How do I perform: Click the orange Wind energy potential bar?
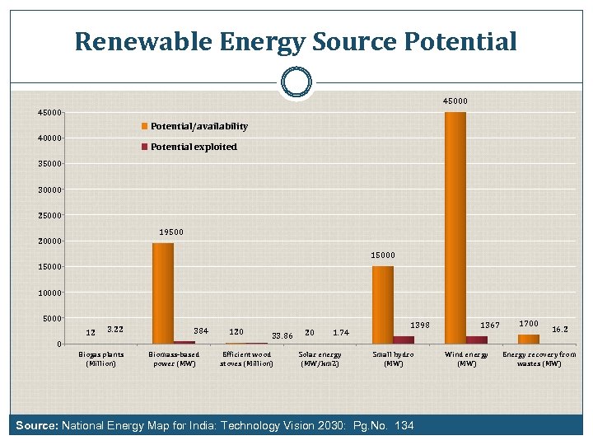(x=455, y=227)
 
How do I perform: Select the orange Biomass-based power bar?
(x=163, y=293)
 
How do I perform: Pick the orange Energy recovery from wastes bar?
(x=528, y=339)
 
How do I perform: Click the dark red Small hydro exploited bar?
(x=404, y=340)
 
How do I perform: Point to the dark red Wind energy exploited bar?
(x=477, y=340)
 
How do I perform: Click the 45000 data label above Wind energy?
(x=455, y=101)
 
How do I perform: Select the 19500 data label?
(x=171, y=232)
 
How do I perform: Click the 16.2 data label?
(x=560, y=329)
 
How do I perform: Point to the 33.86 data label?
(x=282, y=335)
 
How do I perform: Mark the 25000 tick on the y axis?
(x=49, y=215)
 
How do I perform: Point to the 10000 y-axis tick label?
(x=49, y=293)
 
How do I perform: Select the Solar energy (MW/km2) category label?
(x=320, y=358)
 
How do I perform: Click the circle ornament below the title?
(x=296, y=82)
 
